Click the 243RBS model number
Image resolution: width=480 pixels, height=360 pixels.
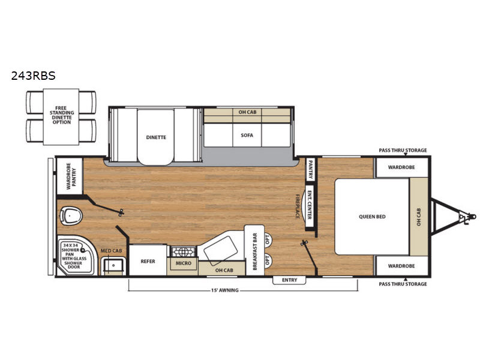(x=34, y=76)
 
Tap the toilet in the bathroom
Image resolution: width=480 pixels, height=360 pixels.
(x=71, y=214)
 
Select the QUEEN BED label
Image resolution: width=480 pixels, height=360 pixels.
(x=372, y=217)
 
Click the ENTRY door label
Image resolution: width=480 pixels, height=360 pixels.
(x=289, y=280)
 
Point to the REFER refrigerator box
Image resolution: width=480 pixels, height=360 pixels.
(x=148, y=260)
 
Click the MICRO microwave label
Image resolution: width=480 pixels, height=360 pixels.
(x=184, y=263)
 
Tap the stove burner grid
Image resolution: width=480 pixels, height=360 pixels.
(x=184, y=252)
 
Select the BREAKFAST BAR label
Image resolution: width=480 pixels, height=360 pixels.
(x=255, y=251)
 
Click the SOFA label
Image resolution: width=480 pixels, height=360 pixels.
(x=247, y=135)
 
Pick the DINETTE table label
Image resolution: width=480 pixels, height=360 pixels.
(x=156, y=137)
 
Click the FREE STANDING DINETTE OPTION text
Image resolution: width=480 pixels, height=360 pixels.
(x=62, y=115)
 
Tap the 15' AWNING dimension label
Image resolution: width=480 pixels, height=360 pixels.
(x=224, y=290)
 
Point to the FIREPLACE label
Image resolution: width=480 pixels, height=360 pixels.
(x=297, y=206)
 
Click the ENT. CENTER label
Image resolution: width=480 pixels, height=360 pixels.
(x=310, y=205)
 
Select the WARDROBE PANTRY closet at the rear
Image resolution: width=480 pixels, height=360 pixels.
(x=70, y=176)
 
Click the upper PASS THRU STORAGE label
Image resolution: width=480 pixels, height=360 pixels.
(x=403, y=150)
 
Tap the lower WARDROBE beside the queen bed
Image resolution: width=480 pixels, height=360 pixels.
(x=401, y=266)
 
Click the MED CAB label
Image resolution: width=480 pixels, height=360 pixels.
(x=112, y=251)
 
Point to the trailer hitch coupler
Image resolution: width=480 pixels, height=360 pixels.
(x=467, y=217)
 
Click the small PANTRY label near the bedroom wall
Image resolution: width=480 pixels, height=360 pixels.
(x=310, y=169)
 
